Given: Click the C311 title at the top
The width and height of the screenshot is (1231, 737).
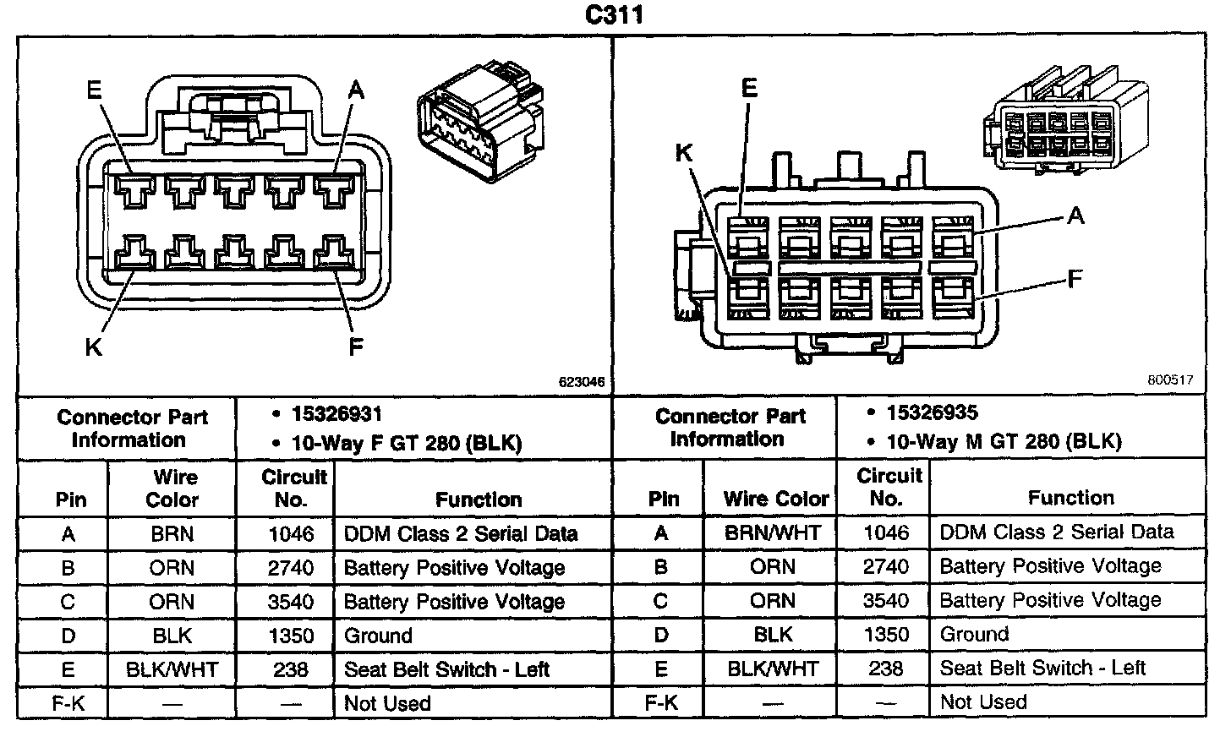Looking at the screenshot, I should point(615,16).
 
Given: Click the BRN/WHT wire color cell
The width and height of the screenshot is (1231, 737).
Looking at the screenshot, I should point(772,532).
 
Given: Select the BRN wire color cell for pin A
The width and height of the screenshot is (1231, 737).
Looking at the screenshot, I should point(172,534).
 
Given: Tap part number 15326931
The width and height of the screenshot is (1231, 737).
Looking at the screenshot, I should point(336,414).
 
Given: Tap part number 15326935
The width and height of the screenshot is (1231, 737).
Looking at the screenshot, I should point(932,412).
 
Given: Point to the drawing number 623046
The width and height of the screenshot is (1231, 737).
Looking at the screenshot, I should point(583,382).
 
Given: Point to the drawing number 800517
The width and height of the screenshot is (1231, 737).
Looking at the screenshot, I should point(1170,380).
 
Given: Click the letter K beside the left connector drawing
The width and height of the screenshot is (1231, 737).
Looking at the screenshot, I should point(93,347).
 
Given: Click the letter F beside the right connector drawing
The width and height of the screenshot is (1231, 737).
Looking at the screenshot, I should point(1075,279).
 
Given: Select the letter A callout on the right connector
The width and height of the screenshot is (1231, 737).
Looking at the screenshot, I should point(1075,216).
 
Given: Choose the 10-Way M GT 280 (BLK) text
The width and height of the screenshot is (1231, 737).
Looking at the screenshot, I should point(1004,441).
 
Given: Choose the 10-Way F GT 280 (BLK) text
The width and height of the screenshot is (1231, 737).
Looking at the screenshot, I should point(407,443).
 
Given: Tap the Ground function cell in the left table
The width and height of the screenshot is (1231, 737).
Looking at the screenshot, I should point(378,636).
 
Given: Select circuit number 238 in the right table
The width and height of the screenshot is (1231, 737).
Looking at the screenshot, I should point(885,669).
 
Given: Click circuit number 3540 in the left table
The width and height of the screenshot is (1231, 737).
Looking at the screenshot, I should point(291,602).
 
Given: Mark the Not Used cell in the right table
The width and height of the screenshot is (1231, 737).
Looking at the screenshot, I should point(983,702).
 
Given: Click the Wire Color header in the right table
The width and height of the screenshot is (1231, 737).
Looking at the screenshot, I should point(775,499).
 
